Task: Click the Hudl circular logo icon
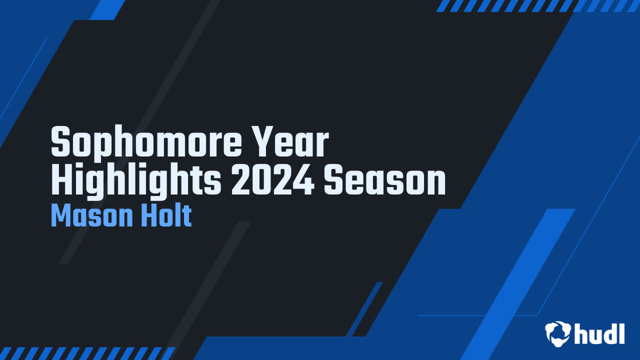pos(558,333)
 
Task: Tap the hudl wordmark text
pos(599,333)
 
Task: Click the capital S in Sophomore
pos(60,141)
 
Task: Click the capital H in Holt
pos(147,215)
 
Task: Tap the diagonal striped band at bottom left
pos(87,353)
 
